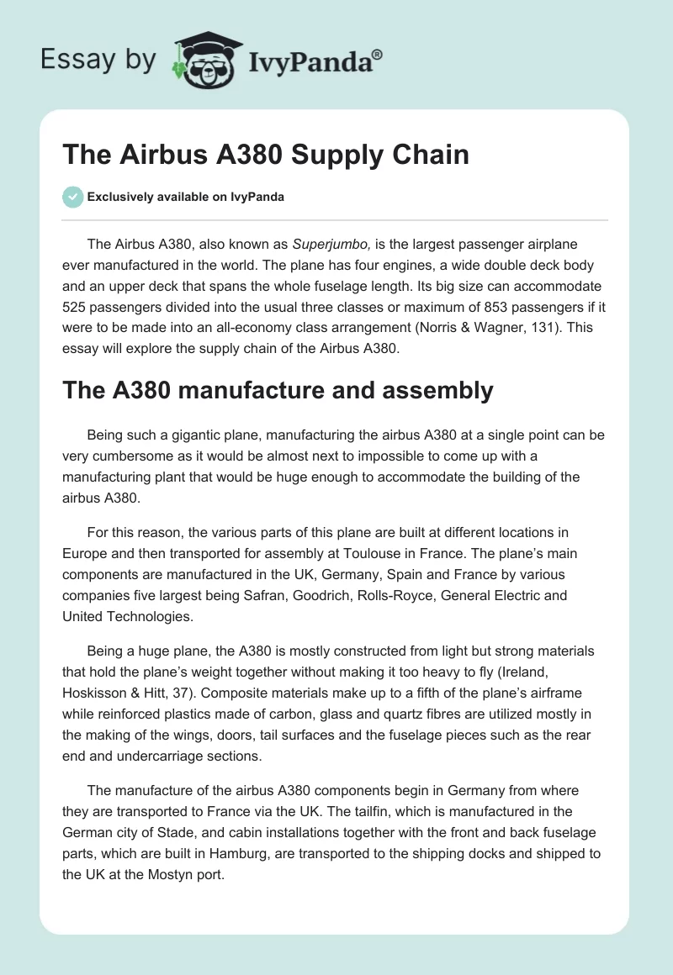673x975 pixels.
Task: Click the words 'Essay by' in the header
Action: [98, 61]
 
